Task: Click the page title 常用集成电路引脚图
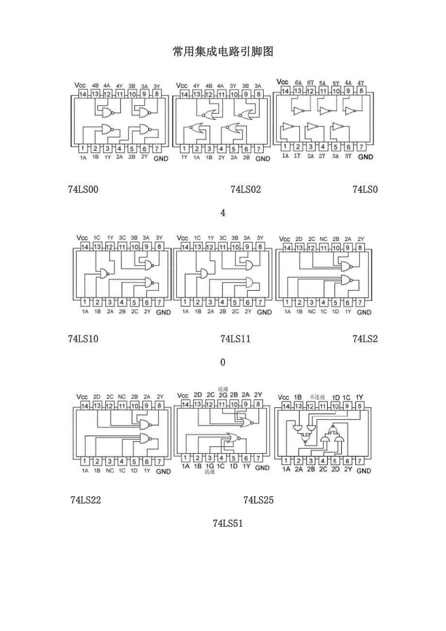(x=223, y=52)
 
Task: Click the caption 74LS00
(x=83, y=189)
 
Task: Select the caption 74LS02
(x=245, y=189)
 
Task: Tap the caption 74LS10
(x=83, y=339)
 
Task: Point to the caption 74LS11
(x=235, y=339)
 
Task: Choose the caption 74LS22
(x=85, y=500)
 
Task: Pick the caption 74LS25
(x=258, y=500)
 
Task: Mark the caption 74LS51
(x=227, y=523)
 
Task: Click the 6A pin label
(x=298, y=83)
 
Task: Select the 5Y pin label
(x=335, y=83)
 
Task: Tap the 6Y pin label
(x=310, y=83)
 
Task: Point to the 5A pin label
(x=323, y=83)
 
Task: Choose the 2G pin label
(x=223, y=395)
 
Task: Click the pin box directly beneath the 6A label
(x=298, y=91)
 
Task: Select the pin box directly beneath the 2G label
(x=222, y=404)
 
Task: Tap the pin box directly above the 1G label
(x=209, y=457)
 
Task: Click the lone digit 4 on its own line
(x=223, y=213)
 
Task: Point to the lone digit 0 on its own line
(x=223, y=362)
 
